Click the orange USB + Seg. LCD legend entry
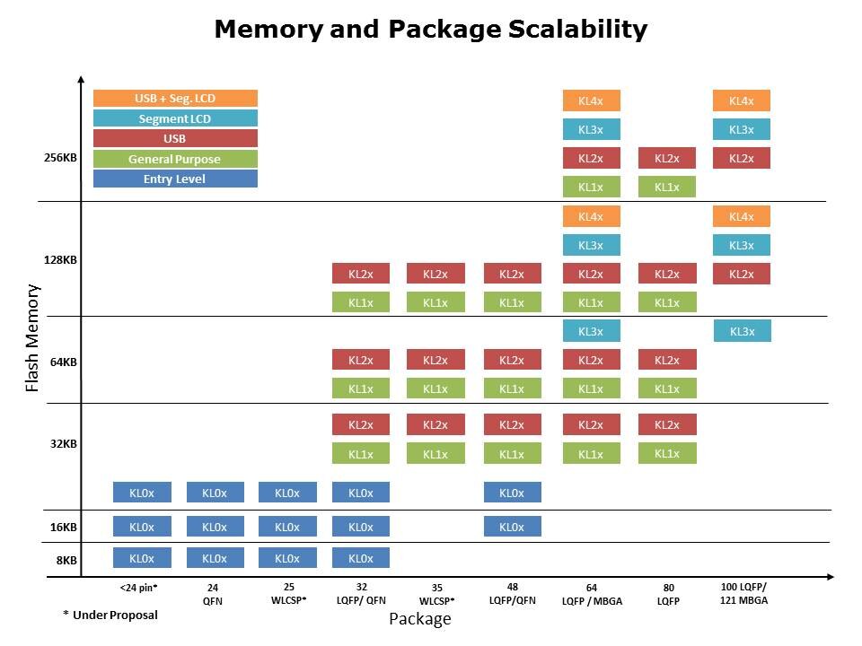(175, 99)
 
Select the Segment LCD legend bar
(175, 118)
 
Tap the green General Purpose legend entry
(175, 159)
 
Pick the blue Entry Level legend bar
(175, 179)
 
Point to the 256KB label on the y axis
(60, 158)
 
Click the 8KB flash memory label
(66, 560)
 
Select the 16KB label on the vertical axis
(63, 528)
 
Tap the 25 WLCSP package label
(289, 594)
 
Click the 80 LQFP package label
(666, 594)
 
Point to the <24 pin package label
(138, 589)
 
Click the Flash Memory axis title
(32, 337)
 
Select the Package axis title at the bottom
(419, 619)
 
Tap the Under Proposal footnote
(110, 615)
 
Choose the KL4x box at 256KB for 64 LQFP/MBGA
(591, 101)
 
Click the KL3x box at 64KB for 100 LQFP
(742, 331)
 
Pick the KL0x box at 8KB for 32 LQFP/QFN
(361, 558)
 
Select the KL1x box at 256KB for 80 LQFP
(666, 188)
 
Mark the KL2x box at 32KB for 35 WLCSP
(435, 424)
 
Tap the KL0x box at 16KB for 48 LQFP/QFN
(512, 527)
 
